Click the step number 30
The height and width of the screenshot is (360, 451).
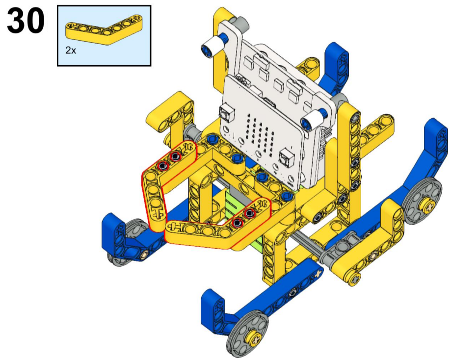click(x=26, y=21)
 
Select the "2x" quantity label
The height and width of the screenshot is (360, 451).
click(x=71, y=51)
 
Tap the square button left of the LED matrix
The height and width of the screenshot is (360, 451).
click(x=226, y=113)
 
